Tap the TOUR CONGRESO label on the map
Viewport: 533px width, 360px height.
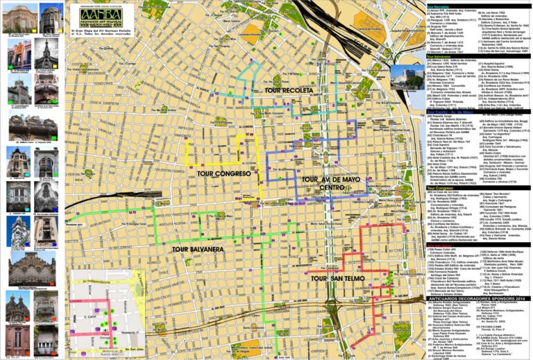(223, 173)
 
